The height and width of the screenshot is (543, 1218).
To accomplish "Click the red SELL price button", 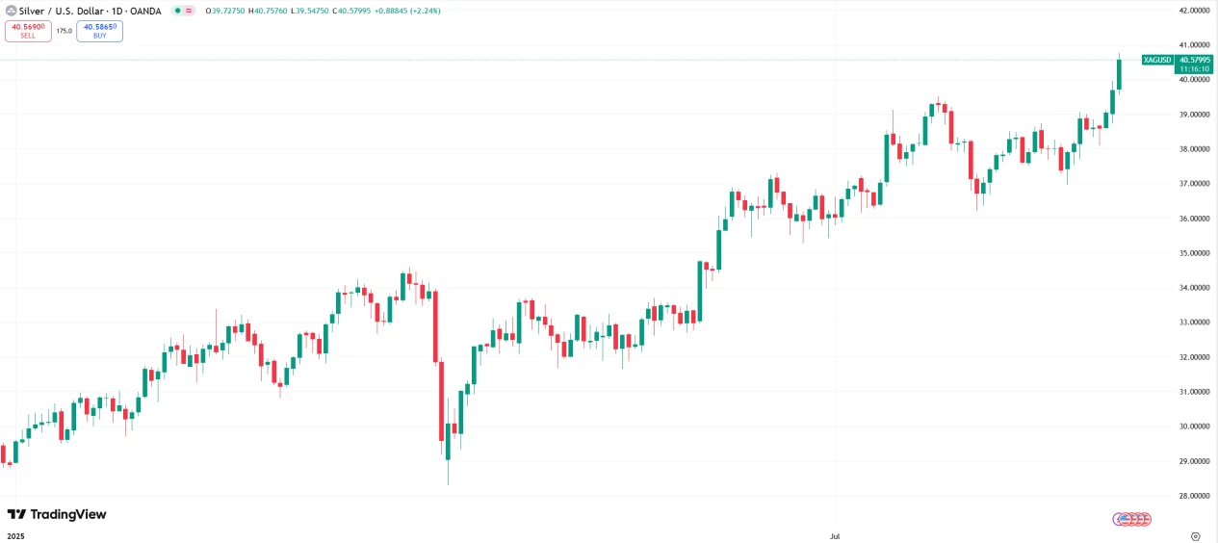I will coord(28,31).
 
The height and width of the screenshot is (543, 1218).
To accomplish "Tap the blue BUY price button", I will coord(99,31).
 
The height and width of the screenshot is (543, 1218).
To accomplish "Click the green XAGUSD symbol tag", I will coord(1157,60).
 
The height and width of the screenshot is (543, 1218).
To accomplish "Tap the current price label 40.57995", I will coord(1194,60).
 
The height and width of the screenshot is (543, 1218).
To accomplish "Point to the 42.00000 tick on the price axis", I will coord(1193,11).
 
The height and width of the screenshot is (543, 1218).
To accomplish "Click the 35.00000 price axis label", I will coord(1193,253).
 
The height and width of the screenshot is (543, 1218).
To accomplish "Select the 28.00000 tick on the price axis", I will coord(1193,496).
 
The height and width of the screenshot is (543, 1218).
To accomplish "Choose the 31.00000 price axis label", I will coord(1193,392).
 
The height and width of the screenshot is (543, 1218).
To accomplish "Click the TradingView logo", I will coord(57,515).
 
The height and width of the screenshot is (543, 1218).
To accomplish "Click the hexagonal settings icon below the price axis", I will coord(1195,534).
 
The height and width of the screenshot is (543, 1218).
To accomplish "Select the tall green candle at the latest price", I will coord(1120,74).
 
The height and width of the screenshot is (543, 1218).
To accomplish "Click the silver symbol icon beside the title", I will coord(11,11).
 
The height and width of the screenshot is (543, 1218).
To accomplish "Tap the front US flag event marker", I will coord(1120,519).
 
